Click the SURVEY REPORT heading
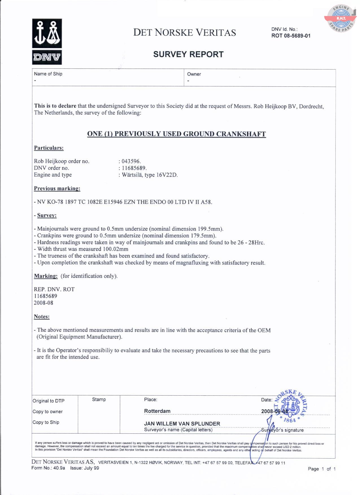click(x=188, y=54)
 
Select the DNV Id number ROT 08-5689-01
click(x=291, y=36)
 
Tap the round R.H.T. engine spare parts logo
click(x=341, y=19)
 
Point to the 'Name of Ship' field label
click(x=48, y=74)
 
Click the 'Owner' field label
click(x=194, y=74)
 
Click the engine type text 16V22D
click(x=167, y=175)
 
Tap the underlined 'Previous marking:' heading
click(x=57, y=188)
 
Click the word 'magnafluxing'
click(x=192, y=263)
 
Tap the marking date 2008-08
click(x=43, y=303)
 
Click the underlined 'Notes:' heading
click(x=42, y=317)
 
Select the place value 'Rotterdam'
click(x=157, y=411)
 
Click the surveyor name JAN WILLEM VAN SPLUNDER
click(x=182, y=424)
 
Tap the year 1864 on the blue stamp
click(x=290, y=420)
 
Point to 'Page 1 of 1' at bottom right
click(x=322, y=469)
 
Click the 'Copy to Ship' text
click(x=46, y=422)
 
